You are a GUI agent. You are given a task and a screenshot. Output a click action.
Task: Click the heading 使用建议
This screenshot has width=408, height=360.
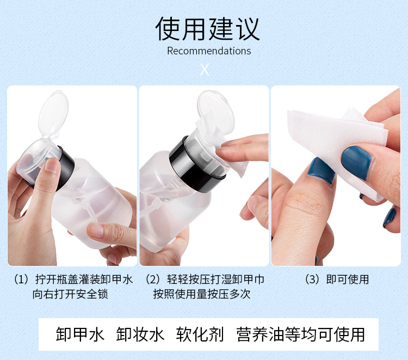click(208, 29)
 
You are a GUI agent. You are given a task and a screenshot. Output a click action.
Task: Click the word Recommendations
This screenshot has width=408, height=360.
click(209, 51)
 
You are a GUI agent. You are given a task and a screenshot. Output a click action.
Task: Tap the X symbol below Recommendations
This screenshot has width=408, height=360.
click(205, 70)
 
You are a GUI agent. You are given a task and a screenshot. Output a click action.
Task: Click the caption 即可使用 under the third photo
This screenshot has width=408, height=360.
click(348, 280)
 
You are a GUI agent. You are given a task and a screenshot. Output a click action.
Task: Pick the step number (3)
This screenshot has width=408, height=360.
click(312, 280)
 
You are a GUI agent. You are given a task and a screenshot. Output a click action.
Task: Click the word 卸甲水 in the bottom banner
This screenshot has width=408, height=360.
click(80, 334)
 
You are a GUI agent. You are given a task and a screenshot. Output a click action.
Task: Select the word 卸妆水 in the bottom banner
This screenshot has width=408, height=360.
click(140, 334)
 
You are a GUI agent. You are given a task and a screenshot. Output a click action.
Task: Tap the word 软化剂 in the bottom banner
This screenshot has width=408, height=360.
click(200, 334)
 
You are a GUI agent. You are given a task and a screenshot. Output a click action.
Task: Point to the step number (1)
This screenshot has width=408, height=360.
click(21, 280)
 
